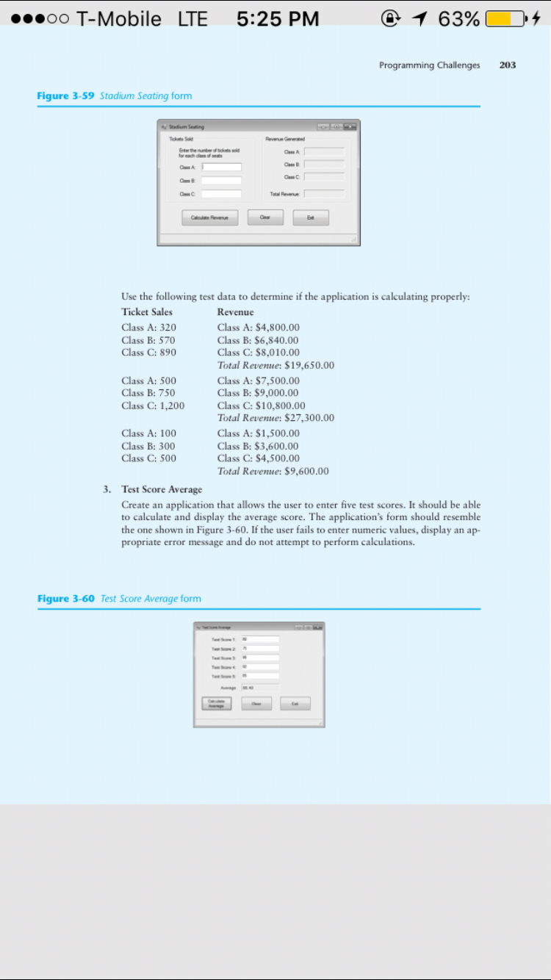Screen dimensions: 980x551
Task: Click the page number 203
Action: point(507,65)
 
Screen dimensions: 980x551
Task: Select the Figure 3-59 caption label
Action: point(66,96)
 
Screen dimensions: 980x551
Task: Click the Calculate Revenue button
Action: point(210,217)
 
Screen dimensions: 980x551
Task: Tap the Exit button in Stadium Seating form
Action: point(311,217)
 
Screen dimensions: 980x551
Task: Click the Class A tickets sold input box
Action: point(221,167)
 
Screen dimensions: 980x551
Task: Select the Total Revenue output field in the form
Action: point(324,194)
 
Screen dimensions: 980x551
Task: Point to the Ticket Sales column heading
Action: point(147,312)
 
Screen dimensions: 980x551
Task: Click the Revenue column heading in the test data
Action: point(235,312)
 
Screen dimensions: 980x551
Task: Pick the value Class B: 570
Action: point(148,340)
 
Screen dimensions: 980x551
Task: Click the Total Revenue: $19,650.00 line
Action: point(275,365)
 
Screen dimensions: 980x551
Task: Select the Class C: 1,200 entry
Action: point(153,406)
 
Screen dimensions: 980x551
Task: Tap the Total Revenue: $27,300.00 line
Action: point(275,418)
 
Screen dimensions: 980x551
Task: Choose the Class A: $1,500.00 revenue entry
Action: point(258,433)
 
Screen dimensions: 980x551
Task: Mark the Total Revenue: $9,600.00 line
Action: point(273,471)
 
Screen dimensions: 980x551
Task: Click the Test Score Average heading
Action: point(162,489)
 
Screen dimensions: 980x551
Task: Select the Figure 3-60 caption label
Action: point(66,599)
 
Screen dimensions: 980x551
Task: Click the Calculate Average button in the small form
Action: point(217,703)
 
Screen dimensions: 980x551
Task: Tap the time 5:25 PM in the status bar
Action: point(278,18)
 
